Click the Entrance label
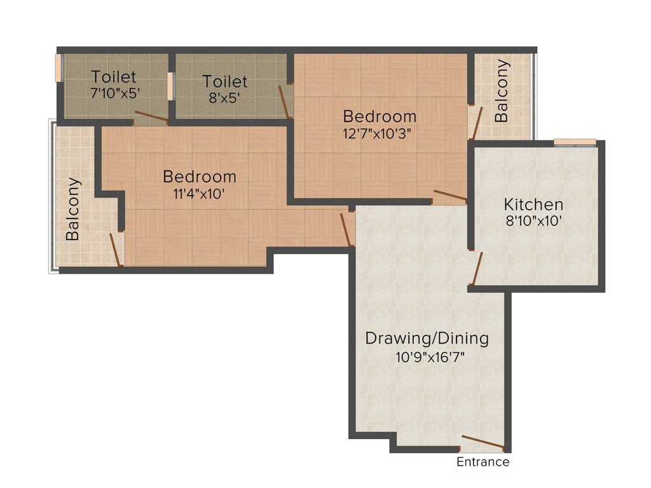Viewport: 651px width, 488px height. coord(483,462)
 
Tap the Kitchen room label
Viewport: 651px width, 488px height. coord(533,205)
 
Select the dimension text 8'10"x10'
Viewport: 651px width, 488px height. coord(533,221)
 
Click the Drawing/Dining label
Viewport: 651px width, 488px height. coord(427,338)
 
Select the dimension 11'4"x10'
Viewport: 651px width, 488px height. coord(199,193)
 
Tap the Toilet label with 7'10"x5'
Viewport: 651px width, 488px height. coord(114,77)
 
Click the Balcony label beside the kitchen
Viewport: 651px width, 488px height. coord(502,91)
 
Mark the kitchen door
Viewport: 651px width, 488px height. coord(477,267)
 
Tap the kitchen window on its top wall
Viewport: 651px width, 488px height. coord(574,142)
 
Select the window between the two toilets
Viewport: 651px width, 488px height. coord(170,86)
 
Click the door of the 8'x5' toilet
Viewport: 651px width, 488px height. coord(284,102)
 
